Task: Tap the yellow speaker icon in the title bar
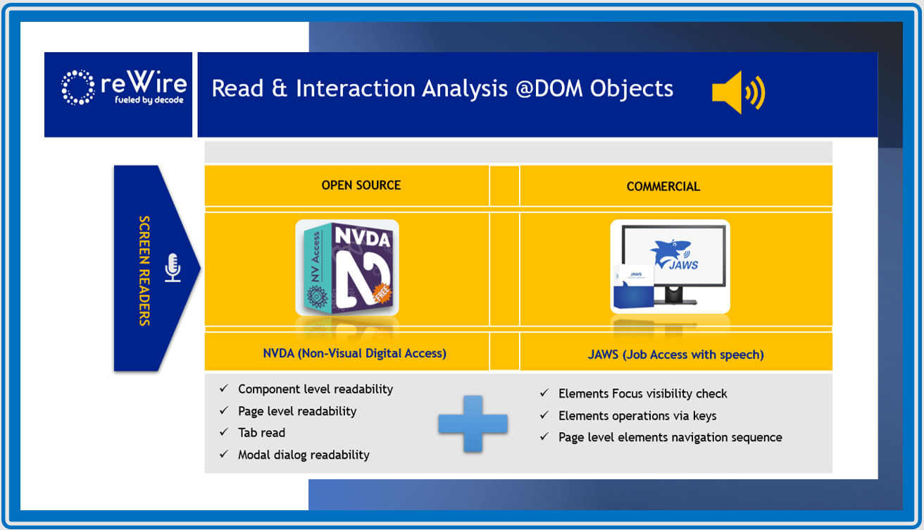tap(738, 92)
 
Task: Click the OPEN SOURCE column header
tap(361, 185)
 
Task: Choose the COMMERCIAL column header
tap(663, 187)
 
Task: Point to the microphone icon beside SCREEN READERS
tap(173, 268)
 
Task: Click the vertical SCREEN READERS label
tap(144, 271)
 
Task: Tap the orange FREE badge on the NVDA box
tap(382, 293)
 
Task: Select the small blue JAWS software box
tap(634, 285)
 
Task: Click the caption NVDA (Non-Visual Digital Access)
tap(355, 353)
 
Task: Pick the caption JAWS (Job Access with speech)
tap(675, 355)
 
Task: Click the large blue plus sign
tap(473, 424)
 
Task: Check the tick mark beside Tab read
tap(224, 432)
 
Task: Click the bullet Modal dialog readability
tap(304, 455)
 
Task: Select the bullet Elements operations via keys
tap(637, 416)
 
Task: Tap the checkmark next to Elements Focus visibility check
tap(544, 393)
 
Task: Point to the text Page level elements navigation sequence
tap(670, 438)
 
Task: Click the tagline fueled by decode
tap(149, 100)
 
